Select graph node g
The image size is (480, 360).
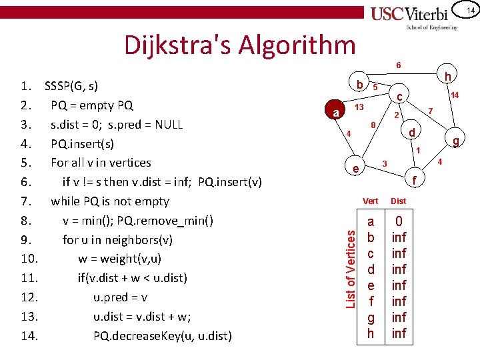456,141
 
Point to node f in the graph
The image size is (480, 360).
414,179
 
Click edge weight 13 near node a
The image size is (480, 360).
359,107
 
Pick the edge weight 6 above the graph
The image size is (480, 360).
399,65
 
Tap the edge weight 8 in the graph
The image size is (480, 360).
373,125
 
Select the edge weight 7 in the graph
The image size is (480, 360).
431,110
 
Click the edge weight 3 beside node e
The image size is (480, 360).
385,163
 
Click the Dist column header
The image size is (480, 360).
398,201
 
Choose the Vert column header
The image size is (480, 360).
371,201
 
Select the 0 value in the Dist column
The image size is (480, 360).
399,221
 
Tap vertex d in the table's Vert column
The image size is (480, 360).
371,269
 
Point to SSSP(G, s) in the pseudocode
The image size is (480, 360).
71,86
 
